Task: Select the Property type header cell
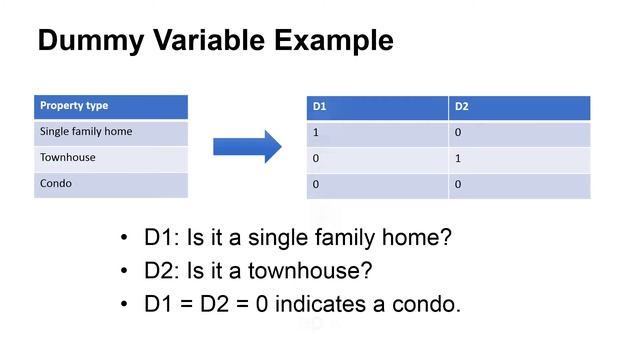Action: coord(111,106)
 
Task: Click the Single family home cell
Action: coord(111,132)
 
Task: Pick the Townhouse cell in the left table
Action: coord(111,158)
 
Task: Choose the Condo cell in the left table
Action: coord(111,184)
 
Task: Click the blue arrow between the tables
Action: coord(247,146)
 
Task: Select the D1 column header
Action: coord(377,107)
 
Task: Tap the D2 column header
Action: coord(519,107)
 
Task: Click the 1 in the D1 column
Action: coord(316,133)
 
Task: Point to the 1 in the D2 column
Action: coord(458,159)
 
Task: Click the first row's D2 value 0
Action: coord(458,133)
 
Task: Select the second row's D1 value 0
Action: coord(316,159)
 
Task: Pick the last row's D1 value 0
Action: coord(316,185)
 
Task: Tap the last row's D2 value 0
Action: coord(458,185)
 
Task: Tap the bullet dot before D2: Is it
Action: coord(124,271)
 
